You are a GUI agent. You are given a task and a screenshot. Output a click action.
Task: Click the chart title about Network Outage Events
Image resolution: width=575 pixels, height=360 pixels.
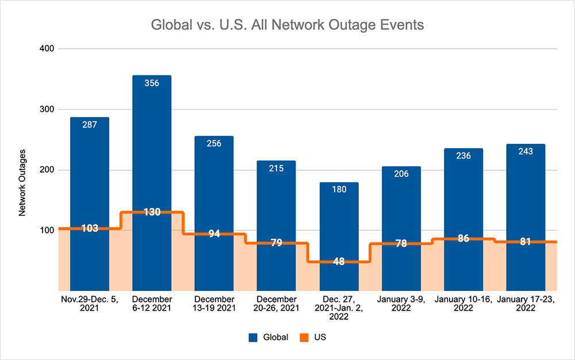click(x=287, y=26)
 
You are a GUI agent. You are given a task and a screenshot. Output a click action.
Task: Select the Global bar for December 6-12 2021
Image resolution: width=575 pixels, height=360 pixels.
click(x=152, y=144)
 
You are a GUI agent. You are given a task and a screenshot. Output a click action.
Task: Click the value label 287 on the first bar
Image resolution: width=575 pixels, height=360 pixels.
click(x=89, y=124)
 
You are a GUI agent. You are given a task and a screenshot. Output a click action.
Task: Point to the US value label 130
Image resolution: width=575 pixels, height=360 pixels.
click(x=152, y=212)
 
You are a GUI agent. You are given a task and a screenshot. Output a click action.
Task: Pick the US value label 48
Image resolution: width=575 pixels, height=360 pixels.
click(x=339, y=262)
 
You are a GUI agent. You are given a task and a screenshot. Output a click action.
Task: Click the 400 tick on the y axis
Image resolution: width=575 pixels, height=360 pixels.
click(x=46, y=49)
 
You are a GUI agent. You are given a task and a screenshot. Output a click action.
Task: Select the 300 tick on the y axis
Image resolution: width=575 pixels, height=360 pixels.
click(x=46, y=109)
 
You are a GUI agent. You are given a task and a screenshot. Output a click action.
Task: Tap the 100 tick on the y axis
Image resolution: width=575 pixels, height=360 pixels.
click(x=46, y=231)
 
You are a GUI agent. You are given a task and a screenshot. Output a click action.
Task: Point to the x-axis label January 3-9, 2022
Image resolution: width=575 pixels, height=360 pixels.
click(x=401, y=304)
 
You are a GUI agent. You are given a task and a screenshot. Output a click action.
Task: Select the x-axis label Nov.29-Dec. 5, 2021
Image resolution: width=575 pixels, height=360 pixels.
click(x=89, y=304)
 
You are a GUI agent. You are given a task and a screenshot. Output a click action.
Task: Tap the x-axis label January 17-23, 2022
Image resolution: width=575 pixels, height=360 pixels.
click(x=526, y=304)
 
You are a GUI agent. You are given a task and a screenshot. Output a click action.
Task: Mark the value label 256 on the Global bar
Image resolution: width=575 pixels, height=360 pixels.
click(x=214, y=143)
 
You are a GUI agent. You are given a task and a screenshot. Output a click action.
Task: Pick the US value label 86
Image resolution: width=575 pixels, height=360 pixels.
click(x=463, y=238)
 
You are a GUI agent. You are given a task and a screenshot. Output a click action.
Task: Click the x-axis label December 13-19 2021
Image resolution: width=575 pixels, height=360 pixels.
click(x=214, y=304)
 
